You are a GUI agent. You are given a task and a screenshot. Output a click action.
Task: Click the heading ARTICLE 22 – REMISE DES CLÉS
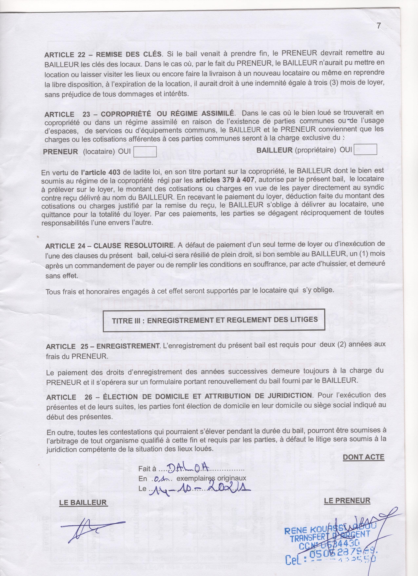point(103,54)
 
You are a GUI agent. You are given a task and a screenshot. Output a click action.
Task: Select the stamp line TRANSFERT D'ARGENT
point(330,537)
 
